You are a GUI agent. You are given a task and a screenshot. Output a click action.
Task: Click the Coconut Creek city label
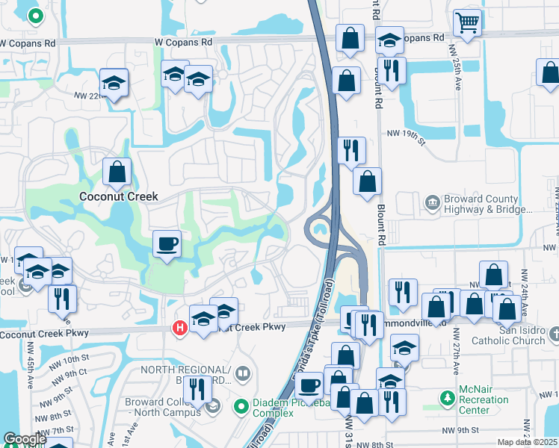119,196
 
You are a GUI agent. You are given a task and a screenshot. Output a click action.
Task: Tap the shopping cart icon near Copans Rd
467,22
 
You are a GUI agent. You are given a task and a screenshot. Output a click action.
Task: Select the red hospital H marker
179,327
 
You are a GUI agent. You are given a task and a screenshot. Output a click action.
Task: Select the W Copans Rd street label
185,43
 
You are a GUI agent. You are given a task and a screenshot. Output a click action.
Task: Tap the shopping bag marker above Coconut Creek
117,172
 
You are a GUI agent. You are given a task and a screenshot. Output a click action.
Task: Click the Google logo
25,439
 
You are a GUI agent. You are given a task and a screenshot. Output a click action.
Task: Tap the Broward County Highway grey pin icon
432,202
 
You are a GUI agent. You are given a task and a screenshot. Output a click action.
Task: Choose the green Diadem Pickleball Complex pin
241,407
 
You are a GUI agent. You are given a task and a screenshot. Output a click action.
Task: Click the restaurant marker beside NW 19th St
350,150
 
